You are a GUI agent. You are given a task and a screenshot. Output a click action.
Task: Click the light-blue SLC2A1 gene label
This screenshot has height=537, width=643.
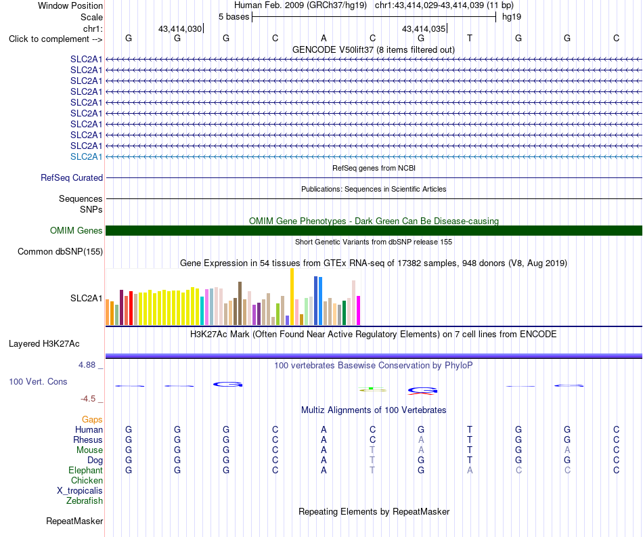click(x=86, y=156)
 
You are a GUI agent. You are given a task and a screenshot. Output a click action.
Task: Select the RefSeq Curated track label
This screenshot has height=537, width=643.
click(x=72, y=177)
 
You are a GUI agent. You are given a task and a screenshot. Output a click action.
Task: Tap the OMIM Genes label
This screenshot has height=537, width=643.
click(x=76, y=230)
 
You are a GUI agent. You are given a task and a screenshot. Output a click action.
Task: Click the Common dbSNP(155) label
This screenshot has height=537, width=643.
click(x=60, y=251)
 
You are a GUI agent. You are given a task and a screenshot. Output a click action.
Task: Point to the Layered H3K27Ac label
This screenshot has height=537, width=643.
click(x=44, y=344)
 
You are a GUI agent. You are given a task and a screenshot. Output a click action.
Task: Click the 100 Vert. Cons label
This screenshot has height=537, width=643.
click(x=38, y=381)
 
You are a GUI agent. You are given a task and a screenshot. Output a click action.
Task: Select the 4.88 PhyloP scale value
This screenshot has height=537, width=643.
click(x=87, y=365)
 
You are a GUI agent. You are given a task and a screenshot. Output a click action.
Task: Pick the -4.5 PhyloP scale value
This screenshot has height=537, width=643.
click(x=88, y=399)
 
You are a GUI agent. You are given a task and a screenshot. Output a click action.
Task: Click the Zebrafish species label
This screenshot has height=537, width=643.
click(x=85, y=500)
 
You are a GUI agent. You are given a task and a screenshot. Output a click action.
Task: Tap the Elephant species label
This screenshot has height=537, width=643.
click(x=85, y=470)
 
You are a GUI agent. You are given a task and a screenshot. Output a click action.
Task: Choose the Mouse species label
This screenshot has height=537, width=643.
click(x=89, y=450)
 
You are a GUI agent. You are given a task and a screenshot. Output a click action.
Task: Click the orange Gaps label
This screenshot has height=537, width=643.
click(x=92, y=419)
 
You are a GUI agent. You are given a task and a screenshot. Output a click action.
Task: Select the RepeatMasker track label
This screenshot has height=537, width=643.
click(x=74, y=521)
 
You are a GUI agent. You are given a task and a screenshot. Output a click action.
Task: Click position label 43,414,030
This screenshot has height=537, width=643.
click(x=180, y=28)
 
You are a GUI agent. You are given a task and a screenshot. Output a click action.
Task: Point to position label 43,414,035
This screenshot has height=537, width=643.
click(x=424, y=28)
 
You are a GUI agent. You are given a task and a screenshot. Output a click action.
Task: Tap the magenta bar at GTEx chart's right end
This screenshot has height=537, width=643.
click(x=359, y=311)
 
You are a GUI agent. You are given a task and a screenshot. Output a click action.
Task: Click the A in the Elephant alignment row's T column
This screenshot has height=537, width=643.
click(x=470, y=470)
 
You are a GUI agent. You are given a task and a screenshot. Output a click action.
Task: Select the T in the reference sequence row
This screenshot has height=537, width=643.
click(x=470, y=38)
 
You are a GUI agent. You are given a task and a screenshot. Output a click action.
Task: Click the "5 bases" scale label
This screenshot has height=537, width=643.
click(x=234, y=17)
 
